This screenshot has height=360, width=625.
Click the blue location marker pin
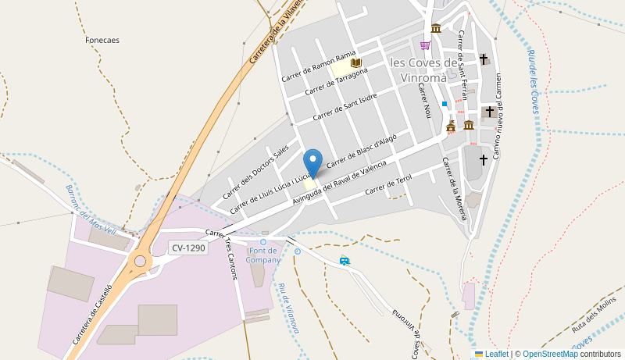coord(312,162)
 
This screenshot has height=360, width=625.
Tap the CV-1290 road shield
coord(188,248)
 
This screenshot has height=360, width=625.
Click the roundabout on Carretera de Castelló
coord(140,261)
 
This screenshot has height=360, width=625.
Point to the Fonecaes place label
coord(102,40)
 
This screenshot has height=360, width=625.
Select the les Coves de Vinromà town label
coord(423,70)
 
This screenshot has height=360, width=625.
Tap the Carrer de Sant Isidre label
coord(345,107)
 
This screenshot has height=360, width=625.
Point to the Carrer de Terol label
coord(387,184)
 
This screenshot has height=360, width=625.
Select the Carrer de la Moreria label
coord(453,187)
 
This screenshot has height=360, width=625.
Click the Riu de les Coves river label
coord(534,81)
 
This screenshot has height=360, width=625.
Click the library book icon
coord(356,62)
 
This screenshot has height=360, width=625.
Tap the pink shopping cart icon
coord(425,45)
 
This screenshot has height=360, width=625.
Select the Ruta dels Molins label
coord(594,312)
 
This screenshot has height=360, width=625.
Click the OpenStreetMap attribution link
coord(550,354)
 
